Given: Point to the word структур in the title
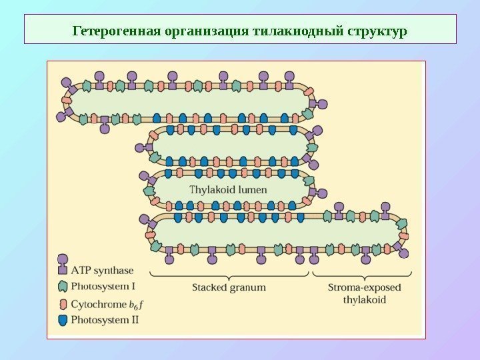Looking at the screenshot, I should tap(376, 31).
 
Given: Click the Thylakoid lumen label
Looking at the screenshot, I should tap(229, 189).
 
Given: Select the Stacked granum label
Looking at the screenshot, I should tap(229, 288).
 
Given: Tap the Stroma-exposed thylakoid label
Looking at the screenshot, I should tap(364, 294).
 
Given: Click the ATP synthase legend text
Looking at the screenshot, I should tap(103, 271).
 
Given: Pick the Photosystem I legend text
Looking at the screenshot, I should tap(103, 287).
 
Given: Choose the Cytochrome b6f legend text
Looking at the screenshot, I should tap(108, 304).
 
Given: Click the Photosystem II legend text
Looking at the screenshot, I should tap(105, 320).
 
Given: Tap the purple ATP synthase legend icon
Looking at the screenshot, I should tap(63, 265).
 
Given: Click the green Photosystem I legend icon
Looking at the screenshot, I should tap(63, 287).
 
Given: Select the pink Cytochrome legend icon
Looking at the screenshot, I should tap(63, 303).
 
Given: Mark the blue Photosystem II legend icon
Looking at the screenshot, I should tap(63, 320).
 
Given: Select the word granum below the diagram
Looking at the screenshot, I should tap(248, 288).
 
